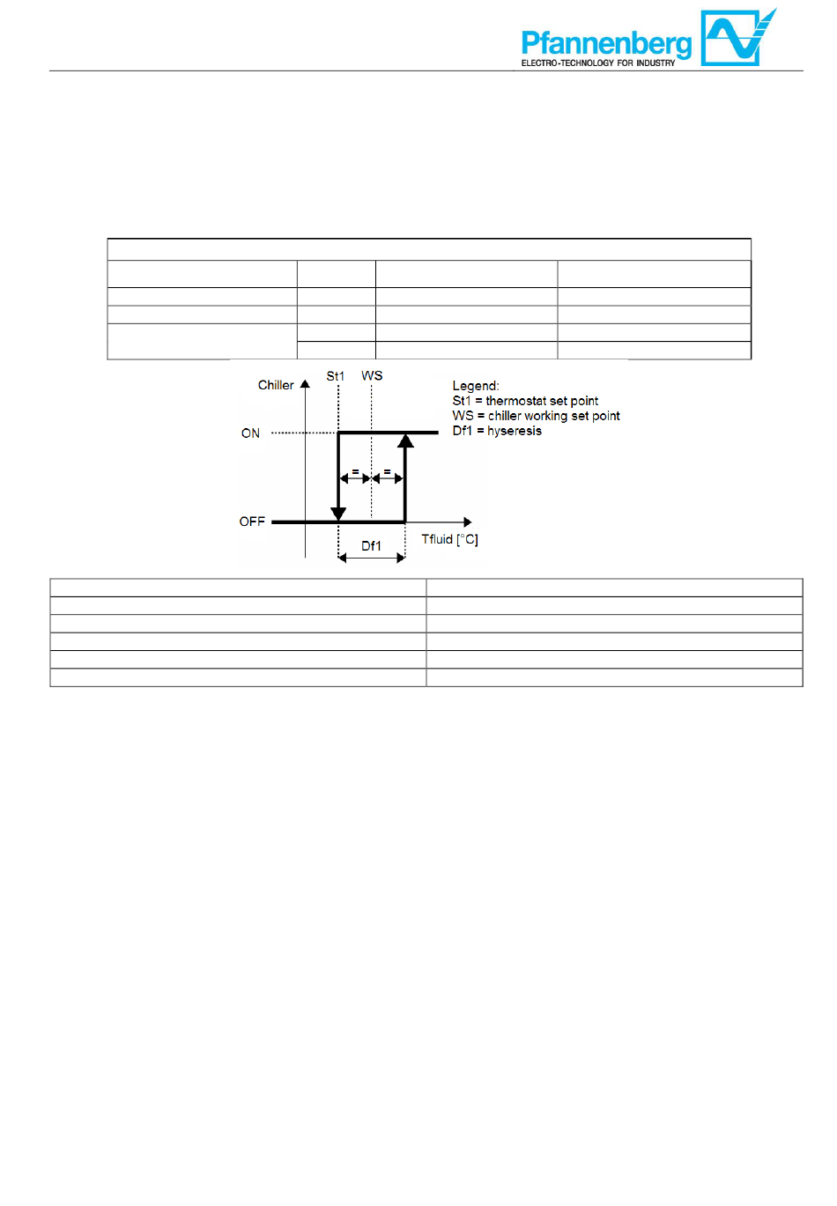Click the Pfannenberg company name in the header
(606, 42)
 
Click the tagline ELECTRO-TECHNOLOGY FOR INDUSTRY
(598, 63)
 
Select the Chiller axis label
(276, 385)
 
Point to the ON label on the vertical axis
(250, 433)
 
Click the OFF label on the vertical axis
(252, 522)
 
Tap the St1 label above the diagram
(336, 376)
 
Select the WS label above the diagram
(372, 375)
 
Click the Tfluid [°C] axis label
(449, 539)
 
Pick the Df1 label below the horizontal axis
(372, 546)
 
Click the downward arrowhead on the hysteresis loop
(338, 514)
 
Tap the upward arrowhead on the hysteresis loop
(405, 440)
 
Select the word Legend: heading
(476, 386)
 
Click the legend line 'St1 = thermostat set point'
(525, 401)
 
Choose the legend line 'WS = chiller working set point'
(536, 416)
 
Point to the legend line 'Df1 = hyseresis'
(497, 431)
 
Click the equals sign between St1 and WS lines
(355, 472)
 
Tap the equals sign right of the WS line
(387, 472)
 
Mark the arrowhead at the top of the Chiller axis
(305, 384)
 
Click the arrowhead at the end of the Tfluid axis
(468, 522)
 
